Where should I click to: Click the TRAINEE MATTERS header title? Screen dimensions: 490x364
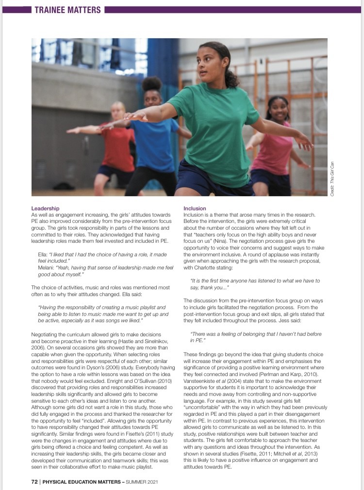click(67, 9)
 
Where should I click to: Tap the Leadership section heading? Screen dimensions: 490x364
click(45, 208)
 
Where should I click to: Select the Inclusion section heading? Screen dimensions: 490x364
click(195, 208)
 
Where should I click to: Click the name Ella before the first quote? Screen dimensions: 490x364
click(42, 253)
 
